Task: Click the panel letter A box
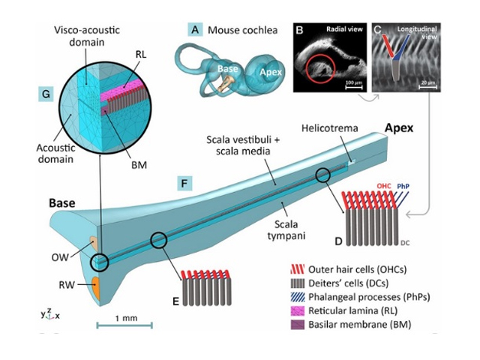point(196,30)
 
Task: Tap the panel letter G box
point(47,94)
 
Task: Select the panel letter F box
point(184,181)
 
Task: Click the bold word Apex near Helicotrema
point(399,127)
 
